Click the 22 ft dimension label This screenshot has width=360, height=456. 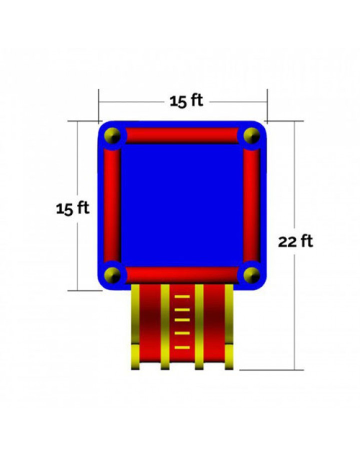coord(295,241)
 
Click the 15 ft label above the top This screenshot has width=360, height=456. coord(186,101)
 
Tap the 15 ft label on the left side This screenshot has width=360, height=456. coord(72,208)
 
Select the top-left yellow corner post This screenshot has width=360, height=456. coord(112,135)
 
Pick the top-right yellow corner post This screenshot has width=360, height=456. coord(251,135)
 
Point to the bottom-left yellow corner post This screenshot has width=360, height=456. coord(112,275)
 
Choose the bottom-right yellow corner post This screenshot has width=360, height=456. coord(251,275)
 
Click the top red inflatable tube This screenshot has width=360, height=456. coord(182,135)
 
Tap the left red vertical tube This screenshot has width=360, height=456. coord(112,205)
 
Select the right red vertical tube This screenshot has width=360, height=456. coord(251,205)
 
